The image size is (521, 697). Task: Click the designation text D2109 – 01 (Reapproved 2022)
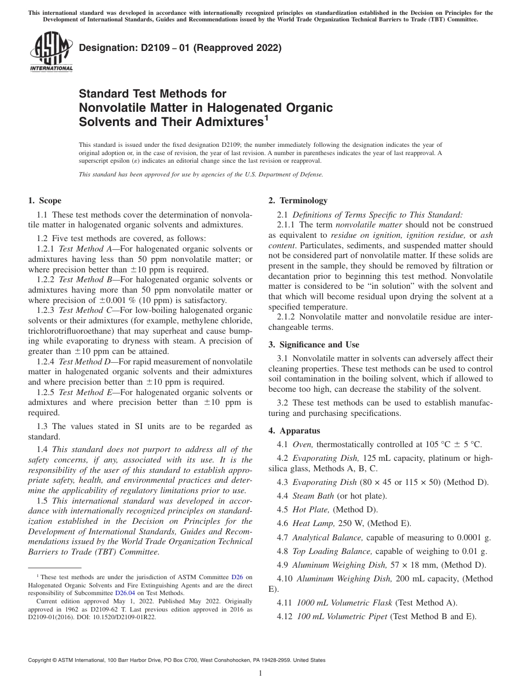click(180, 48)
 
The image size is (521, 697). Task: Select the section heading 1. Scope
click(44, 201)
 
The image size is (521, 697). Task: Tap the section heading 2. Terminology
click(298, 201)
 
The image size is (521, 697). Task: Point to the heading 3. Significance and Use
click(314, 345)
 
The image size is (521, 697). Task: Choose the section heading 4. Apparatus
click(294, 431)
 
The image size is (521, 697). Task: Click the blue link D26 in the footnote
click(237, 577)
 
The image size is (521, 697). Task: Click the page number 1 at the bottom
click(260, 673)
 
